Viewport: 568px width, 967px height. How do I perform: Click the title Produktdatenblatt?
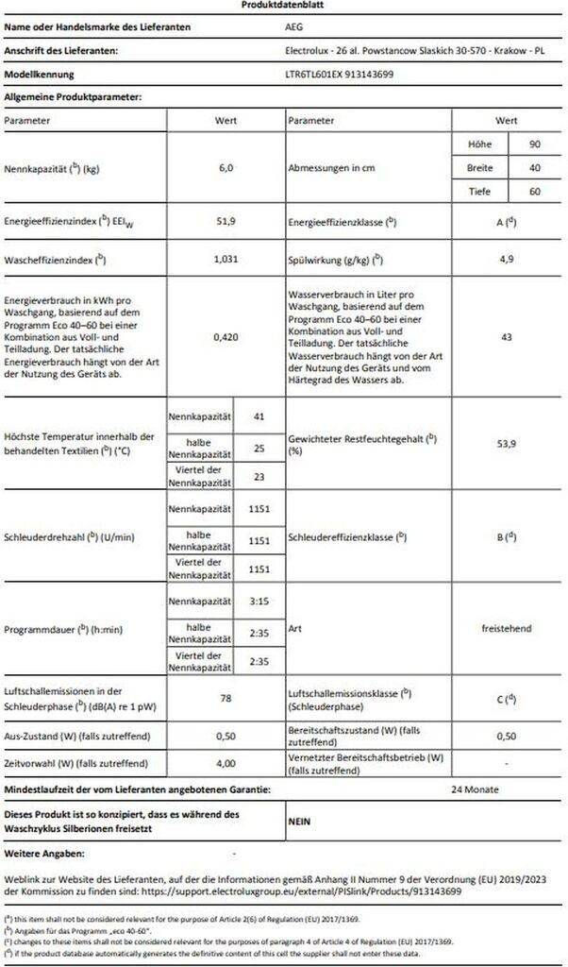coord(283,6)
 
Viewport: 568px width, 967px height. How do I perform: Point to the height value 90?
coord(533,144)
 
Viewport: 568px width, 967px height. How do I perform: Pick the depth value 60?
coord(533,192)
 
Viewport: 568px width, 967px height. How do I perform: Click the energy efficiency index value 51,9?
coord(226,223)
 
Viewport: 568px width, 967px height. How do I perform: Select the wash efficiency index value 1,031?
coord(226,258)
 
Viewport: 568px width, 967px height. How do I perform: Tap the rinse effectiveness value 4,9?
coord(508,258)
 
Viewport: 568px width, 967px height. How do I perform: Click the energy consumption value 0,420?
coord(226,335)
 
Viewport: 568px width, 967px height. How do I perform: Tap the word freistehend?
coord(508,627)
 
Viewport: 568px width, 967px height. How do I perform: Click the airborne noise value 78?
coord(226,699)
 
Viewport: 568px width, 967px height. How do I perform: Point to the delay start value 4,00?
coord(226,763)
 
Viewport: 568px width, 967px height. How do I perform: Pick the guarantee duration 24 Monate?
coord(475,789)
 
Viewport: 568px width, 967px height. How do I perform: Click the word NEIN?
coord(300,822)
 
